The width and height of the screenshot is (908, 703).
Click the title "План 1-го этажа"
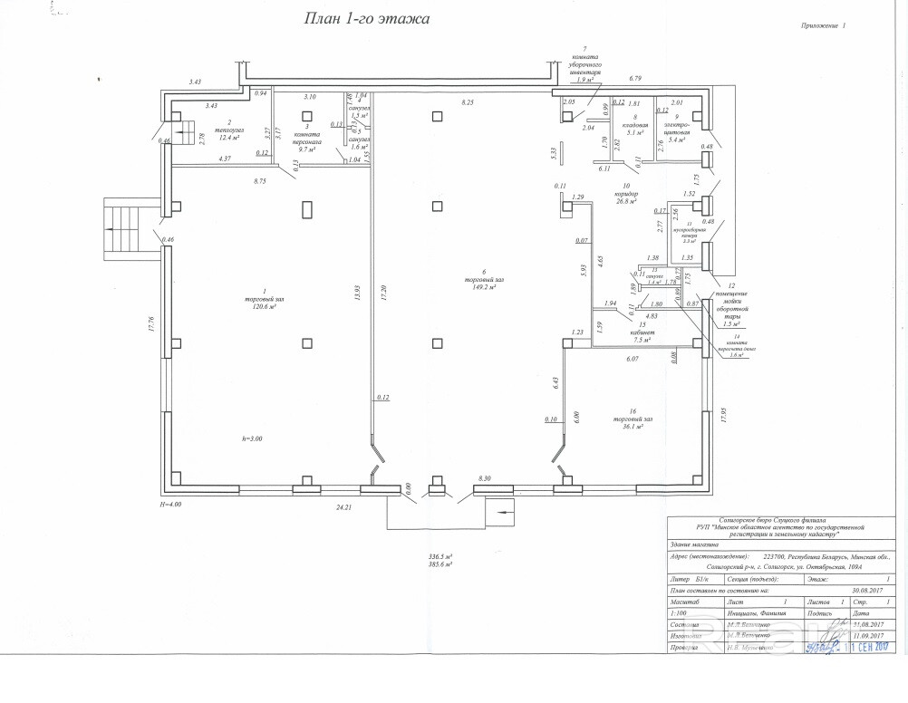(365, 17)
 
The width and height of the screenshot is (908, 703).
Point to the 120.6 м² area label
(259, 307)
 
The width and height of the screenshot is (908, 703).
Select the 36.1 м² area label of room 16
(627, 427)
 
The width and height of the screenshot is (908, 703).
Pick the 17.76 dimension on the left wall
(152, 323)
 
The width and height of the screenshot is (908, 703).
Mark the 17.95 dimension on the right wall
(723, 415)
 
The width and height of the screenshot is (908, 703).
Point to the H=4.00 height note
(170, 504)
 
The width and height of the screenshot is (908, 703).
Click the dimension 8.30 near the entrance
(484, 478)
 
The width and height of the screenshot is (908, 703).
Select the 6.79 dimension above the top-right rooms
(635, 80)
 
